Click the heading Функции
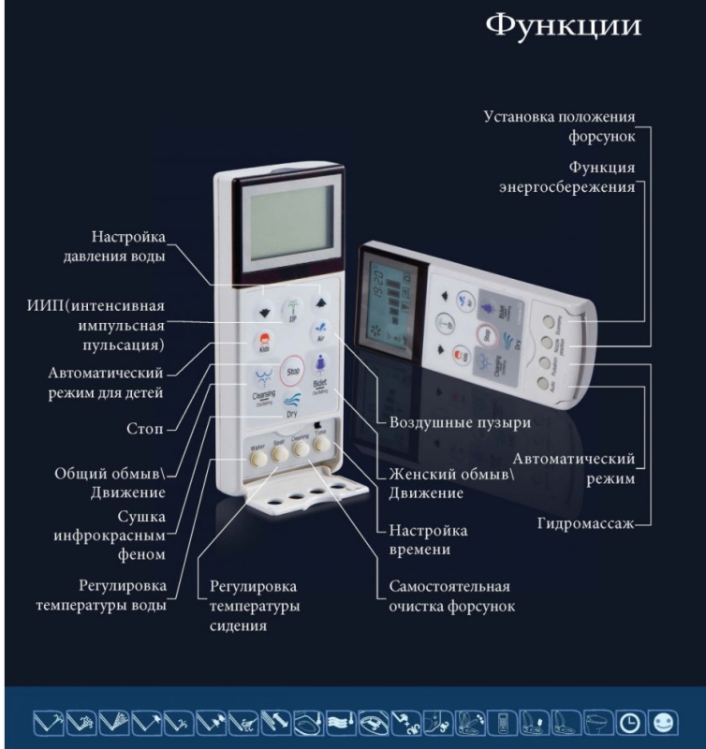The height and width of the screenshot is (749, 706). pos(564,25)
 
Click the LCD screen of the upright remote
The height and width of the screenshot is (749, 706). pos(285,223)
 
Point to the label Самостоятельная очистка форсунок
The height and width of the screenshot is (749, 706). pos(451,596)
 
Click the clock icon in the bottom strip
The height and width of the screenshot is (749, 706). pos(628,723)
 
